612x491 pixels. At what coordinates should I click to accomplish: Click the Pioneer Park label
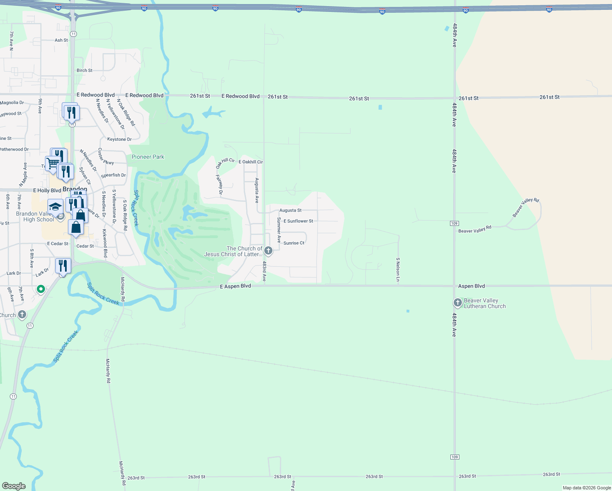(148, 157)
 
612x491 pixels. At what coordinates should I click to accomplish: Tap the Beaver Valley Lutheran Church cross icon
(457, 303)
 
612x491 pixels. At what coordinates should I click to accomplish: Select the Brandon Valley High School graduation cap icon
(55, 206)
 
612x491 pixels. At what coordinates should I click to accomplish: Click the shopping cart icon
(52, 163)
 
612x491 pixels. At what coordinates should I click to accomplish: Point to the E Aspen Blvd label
(235, 286)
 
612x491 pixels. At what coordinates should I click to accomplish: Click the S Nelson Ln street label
(398, 270)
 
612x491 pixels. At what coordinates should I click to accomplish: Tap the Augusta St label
(290, 210)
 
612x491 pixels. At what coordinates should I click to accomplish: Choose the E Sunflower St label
(298, 221)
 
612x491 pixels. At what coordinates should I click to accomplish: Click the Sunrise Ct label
(294, 243)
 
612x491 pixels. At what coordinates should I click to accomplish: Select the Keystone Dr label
(119, 139)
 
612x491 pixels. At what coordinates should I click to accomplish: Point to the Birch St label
(84, 70)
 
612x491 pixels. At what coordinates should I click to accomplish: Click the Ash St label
(61, 40)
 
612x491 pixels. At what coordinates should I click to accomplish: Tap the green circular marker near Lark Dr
(40, 289)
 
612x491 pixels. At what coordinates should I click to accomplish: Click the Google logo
(13, 486)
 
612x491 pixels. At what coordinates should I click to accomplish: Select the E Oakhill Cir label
(250, 162)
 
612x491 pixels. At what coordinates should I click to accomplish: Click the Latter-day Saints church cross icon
(268, 250)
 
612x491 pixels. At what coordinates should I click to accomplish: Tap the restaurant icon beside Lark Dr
(63, 266)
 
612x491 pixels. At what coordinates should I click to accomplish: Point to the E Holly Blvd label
(47, 191)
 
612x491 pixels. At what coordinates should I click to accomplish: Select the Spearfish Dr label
(113, 175)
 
